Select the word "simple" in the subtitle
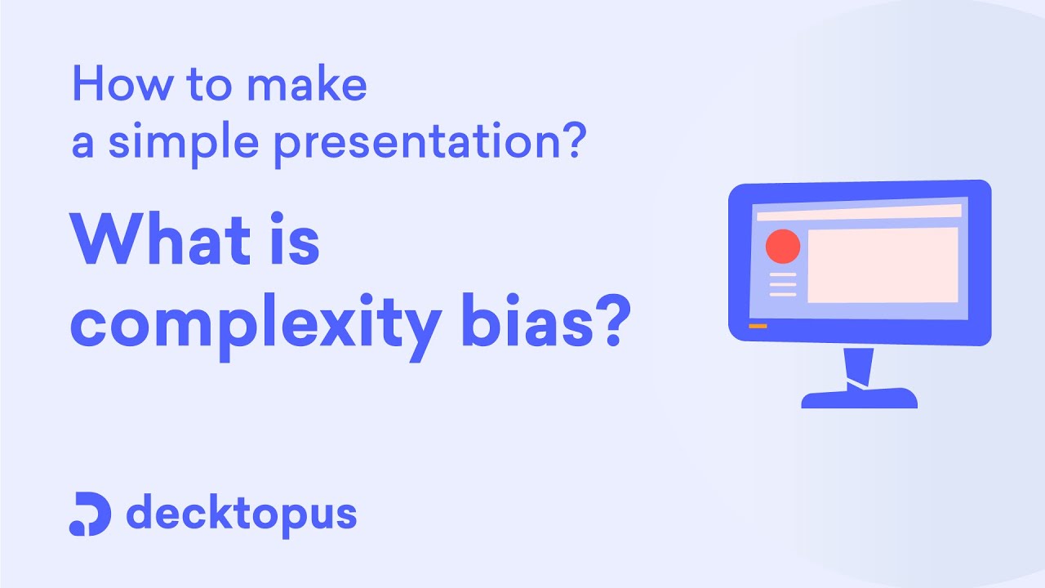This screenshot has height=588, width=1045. click(x=184, y=143)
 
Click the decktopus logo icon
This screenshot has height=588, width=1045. click(x=90, y=514)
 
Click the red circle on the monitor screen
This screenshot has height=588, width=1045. click(x=783, y=247)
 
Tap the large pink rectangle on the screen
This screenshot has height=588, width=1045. click(x=883, y=265)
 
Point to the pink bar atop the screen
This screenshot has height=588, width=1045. click(x=859, y=212)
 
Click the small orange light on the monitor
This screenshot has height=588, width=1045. click(x=758, y=326)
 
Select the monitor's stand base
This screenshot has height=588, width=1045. click(x=859, y=399)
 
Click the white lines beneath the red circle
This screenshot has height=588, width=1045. click(x=783, y=284)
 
